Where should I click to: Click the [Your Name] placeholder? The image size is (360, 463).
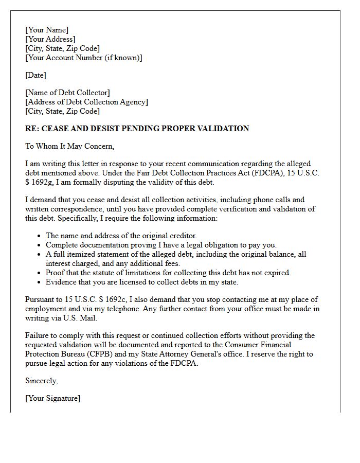(47, 30)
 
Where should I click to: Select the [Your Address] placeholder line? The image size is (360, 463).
(50, 39)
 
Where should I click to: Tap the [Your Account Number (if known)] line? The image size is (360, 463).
(84, 58)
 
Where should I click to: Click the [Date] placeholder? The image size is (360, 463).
(35, 75)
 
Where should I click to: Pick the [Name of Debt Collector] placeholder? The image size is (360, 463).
(67, 93)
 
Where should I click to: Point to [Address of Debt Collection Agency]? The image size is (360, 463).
(86, 102)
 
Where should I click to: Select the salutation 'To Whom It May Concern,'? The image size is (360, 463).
(69, 146)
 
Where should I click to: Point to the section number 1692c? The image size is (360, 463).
(107, 299)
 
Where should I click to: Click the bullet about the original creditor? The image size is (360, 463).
(121, 236)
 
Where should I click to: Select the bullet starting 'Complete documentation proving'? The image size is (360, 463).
(161, 245)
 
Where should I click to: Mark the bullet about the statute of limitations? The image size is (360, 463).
(168, 273)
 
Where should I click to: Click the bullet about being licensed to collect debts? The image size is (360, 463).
(142, 282)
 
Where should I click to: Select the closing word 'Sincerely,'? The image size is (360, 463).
(42, 381)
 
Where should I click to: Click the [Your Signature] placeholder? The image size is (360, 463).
(53, 398)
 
